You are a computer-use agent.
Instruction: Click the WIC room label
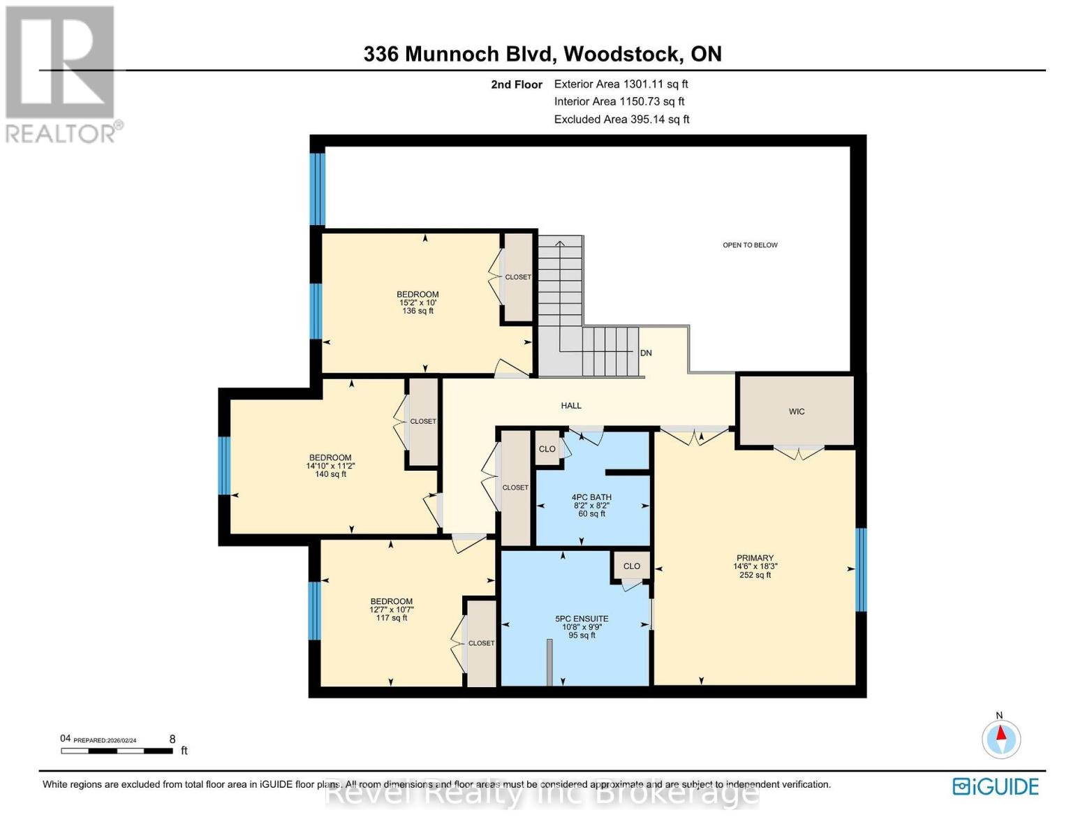coord(796,411)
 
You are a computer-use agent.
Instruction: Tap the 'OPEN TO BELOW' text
coord(749,245)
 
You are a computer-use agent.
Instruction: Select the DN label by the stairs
coord(646,353)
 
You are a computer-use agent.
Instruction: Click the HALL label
coord(570,405)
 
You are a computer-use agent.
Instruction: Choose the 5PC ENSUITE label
coord(581,619)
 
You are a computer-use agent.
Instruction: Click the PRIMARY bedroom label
coord(754,558)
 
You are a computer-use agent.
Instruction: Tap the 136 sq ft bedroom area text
coord(418,311)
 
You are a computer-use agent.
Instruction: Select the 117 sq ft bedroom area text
coord(391,617)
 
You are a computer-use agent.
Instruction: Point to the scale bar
coord(117,751)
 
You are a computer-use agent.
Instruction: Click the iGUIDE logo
coord(995,786)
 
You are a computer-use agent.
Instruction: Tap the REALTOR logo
coord(61,73)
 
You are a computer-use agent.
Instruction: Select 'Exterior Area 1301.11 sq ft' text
coord(621,84)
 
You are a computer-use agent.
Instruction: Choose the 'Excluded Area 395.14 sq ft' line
coord(621,119)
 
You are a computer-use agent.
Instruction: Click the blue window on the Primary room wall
coord(861,569)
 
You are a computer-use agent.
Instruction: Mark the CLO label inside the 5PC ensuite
coord(631,566)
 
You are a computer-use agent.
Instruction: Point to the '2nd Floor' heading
coord(516,84)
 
